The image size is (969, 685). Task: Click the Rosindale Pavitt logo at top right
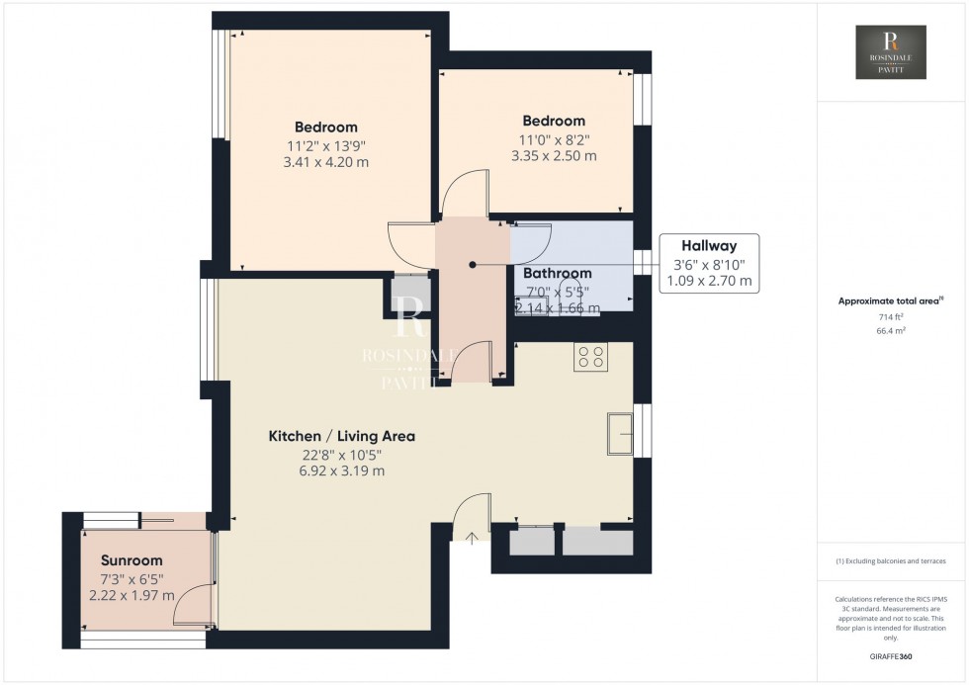tap(892, 52)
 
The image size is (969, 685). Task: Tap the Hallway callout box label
tap(705, 246)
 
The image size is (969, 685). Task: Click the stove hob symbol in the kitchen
tap(591, 357)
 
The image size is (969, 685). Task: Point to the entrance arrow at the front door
tap(472, 539)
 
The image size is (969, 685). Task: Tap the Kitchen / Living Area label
tap(342, 436)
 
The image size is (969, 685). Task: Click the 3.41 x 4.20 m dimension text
tap(325, 162)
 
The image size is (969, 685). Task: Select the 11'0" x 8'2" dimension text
tap(554, 138)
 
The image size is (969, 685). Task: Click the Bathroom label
tap(557, 274)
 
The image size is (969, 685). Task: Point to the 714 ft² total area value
tap(892, 317)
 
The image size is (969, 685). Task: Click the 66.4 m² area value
tap(892, 333)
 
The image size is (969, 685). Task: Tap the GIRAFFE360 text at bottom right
tap(892, 655)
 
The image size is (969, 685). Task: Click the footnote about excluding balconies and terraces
tap(891, 560)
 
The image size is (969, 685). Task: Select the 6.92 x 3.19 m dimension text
tap(342, 471)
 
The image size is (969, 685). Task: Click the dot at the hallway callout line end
tap(473, 265)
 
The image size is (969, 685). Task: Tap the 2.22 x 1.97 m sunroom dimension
tap(132, 595)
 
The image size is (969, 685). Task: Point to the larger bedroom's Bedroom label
tap(325, 128)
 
